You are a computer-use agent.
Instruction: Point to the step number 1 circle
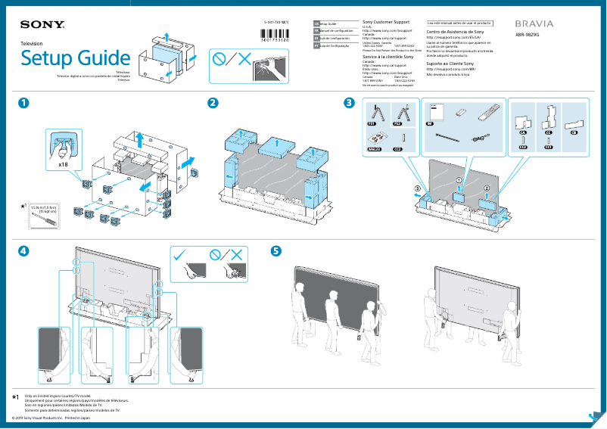point(26,103)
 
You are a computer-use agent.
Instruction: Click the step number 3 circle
point(348,103)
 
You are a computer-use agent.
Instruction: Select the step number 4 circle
point(26,250)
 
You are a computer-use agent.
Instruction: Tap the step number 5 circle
point(276,250)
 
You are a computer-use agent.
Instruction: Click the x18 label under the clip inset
point(63,163)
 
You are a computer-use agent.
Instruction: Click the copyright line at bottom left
point(47,417)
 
